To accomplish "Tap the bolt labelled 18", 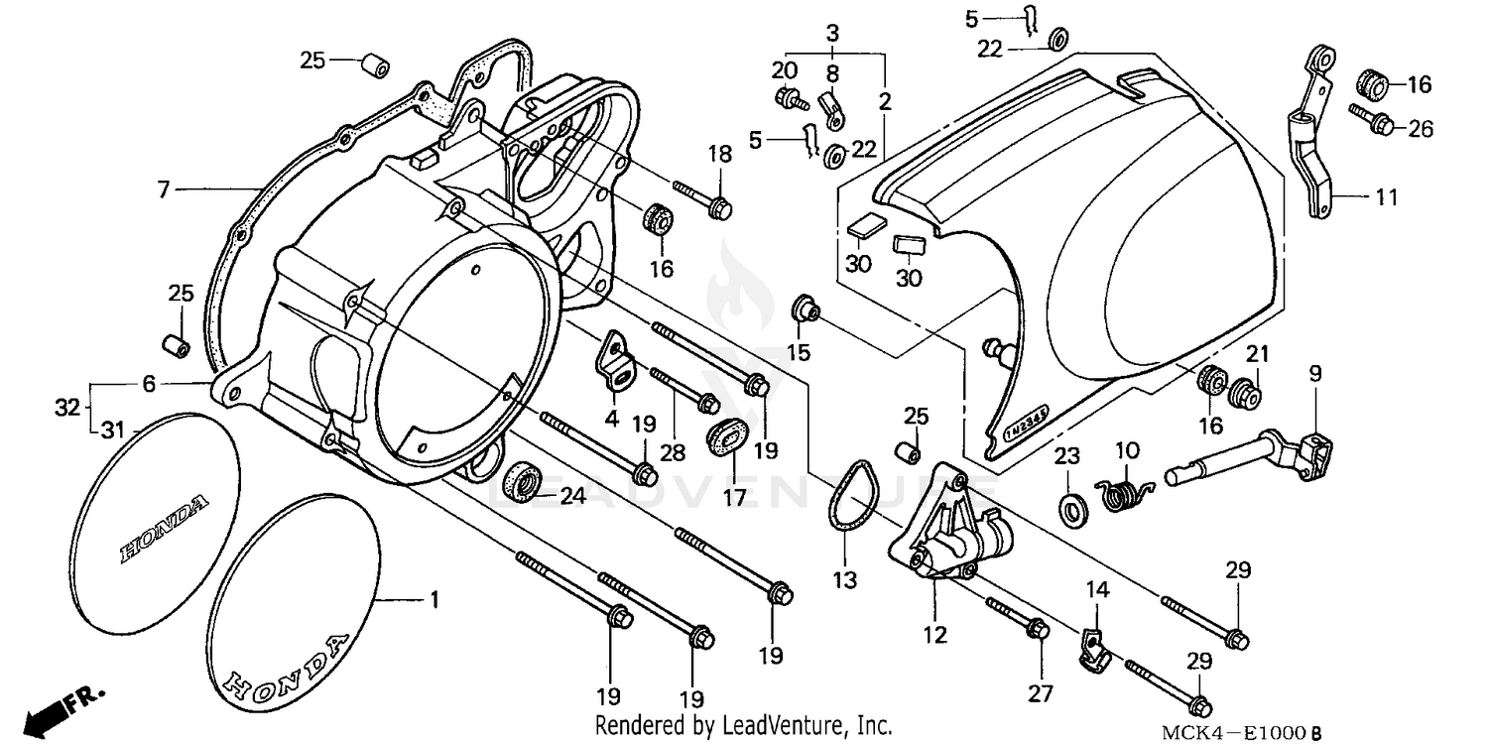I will point(704,199).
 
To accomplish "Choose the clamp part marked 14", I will point(1092,644).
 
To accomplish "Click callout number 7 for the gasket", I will point(165,187).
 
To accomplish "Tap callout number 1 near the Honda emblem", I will point(433,600).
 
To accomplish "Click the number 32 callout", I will point(64,408).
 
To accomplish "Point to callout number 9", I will point(1314,374).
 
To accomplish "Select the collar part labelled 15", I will point(803,310).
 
